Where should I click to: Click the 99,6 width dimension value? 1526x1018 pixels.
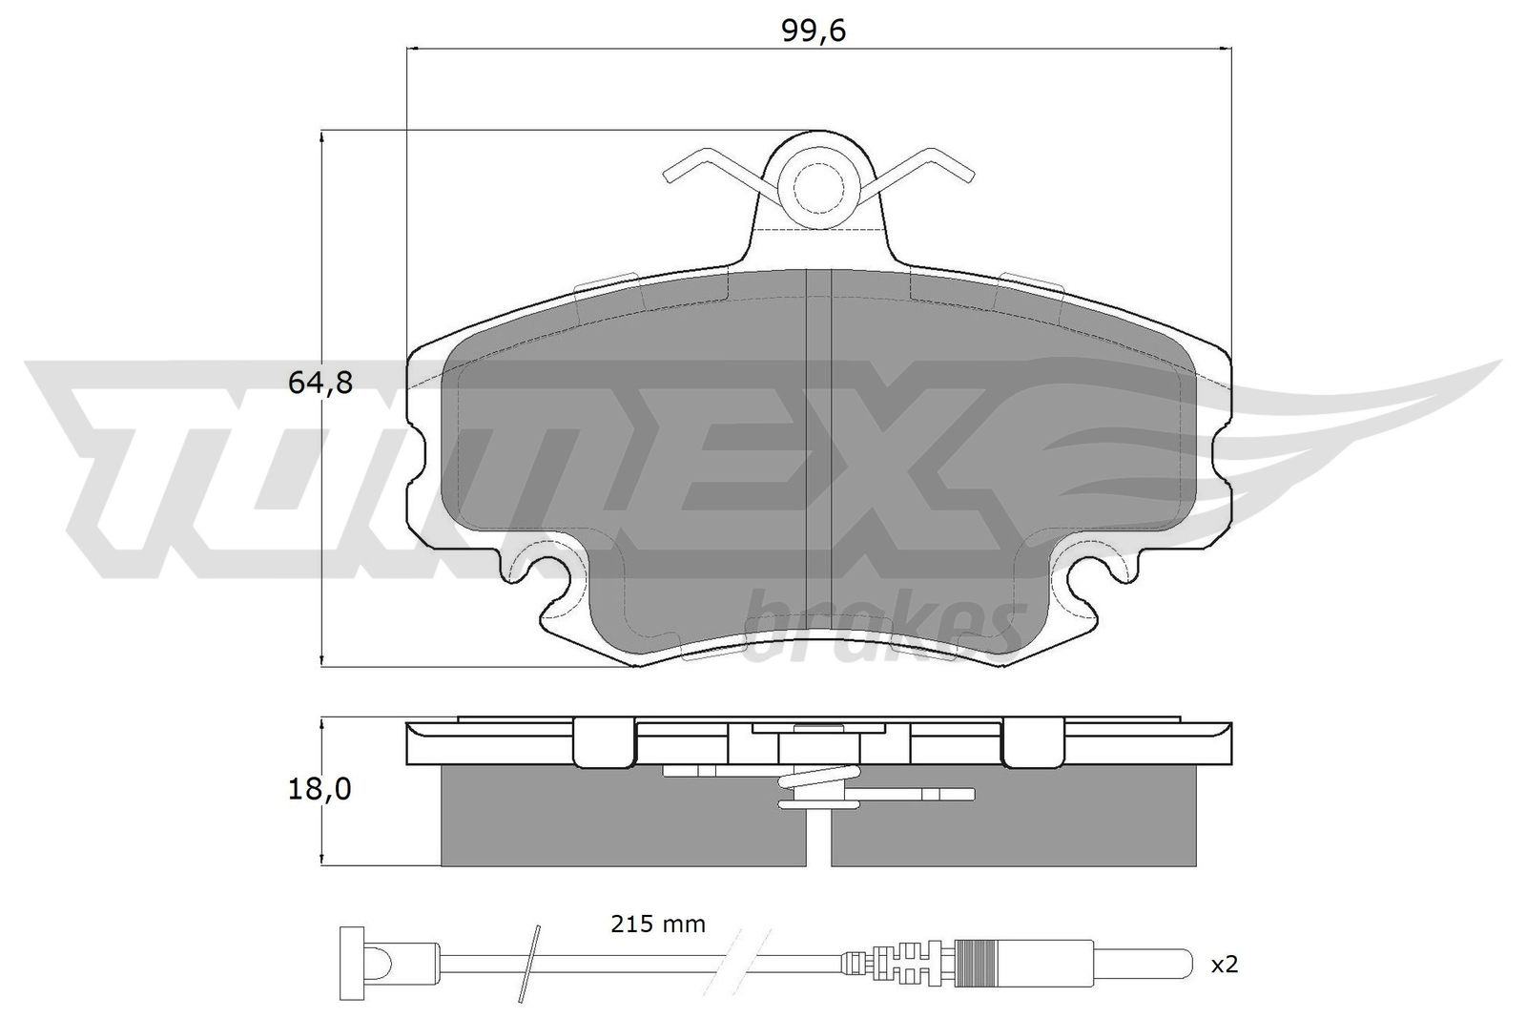coord(814,31)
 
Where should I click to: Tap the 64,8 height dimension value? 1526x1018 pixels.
coord(320,383)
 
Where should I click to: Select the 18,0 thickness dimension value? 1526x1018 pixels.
coord(320,790)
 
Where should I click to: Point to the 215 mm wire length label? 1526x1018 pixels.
coord(657,925)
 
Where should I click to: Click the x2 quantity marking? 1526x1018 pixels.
coord(1225,965)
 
